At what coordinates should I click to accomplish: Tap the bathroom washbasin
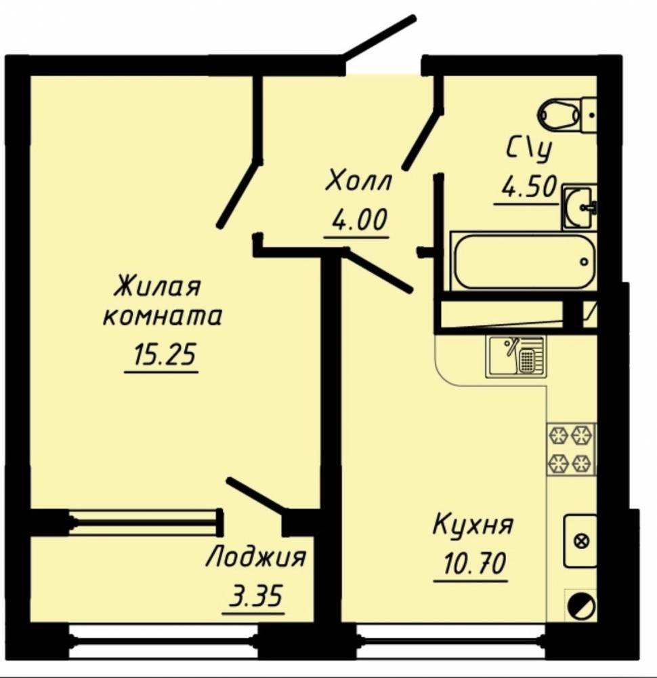(580, 207)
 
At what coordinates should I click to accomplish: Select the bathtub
(524, 261)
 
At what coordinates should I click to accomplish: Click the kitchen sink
(515, 357)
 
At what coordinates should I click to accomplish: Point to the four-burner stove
(572, 450)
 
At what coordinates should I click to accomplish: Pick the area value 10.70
(473, 564)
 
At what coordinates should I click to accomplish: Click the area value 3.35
(256, 595)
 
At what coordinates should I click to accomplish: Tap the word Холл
(358, 181)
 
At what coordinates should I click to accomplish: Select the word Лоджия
(256, 558)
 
